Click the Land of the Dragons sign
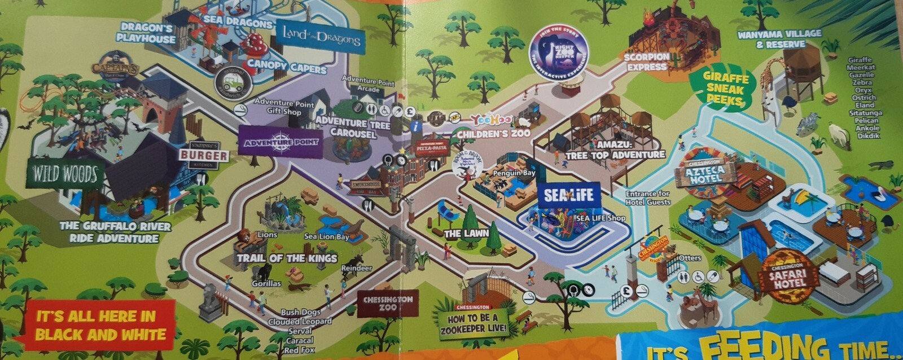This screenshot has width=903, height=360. point(320,38)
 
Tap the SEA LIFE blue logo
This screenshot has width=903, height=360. point(568,196)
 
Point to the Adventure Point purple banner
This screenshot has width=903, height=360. point(280,142)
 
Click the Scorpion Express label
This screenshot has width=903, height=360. point(647,62)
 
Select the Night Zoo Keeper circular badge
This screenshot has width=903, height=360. point(559,51)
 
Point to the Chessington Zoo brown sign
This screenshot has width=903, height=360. point(388,304)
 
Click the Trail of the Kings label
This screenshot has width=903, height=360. point(287,258)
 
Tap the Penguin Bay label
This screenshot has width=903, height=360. point(514,173)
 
